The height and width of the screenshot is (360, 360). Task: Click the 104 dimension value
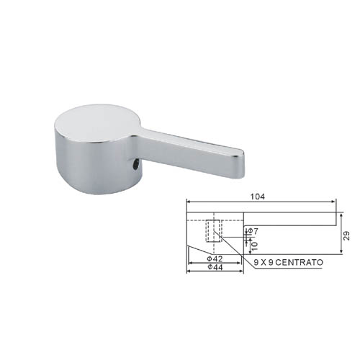click(x=258, y=197)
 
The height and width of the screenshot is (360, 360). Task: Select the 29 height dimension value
click(x=346, y=235)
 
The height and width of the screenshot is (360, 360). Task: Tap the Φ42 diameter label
click(x=215, y=258)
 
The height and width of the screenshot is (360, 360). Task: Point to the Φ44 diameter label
click(x=215, y=267)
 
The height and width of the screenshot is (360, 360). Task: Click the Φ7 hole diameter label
click(x=253, y=231)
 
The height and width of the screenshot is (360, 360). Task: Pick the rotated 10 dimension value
click(x=255, y=246)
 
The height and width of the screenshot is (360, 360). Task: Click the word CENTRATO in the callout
click(x=300, y=262)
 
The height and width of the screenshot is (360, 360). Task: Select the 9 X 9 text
click(x=264, y=262)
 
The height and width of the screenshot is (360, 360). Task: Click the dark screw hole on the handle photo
click(x=136, y=166)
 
